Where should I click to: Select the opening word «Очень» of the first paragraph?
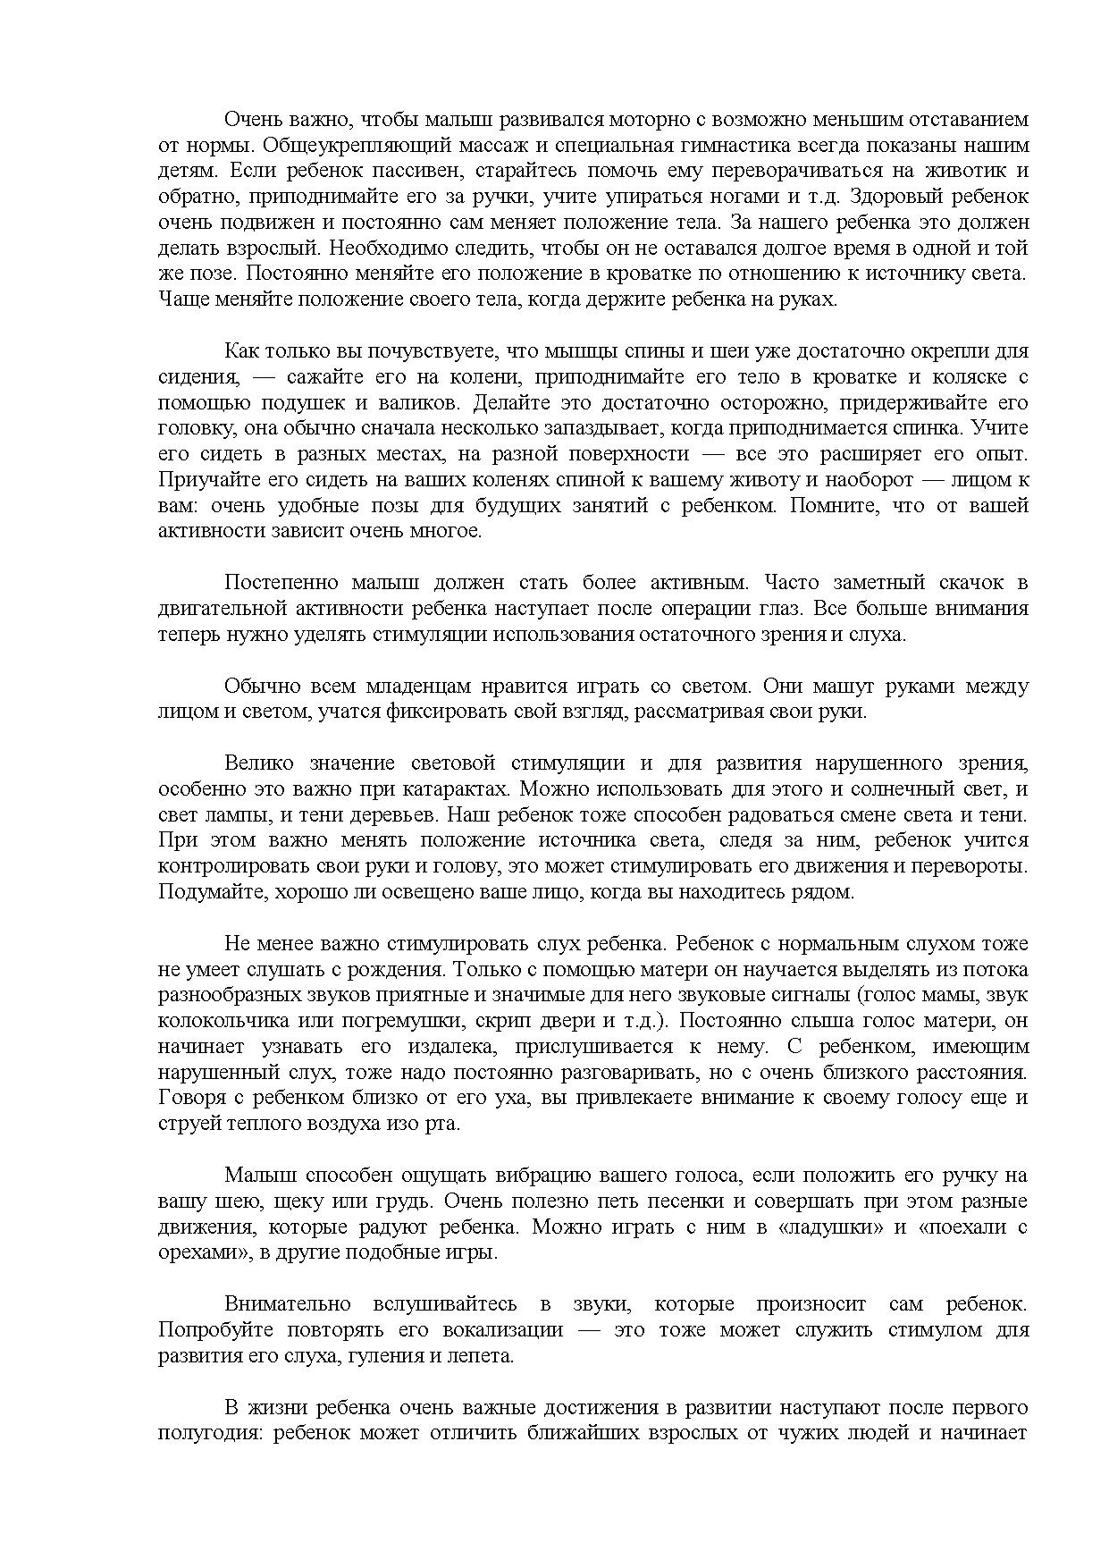pyautogui.click(x=250, y=120)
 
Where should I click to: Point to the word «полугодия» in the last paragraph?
pyautogui.click(x=206, y=1433)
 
